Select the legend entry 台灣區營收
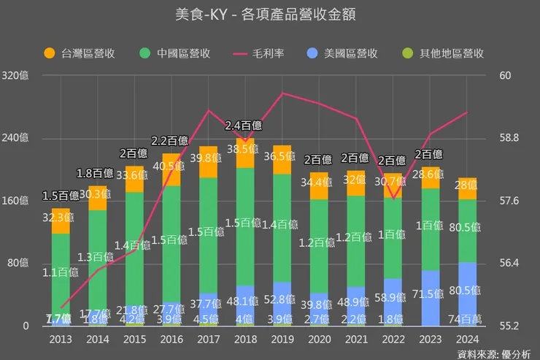(80, 53)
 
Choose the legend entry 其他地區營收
(444, 53)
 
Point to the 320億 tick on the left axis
(15, 76)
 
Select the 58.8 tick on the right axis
(509, 138)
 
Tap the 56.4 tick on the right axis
(509, 264)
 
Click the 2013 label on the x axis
(61, 339)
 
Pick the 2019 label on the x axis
(282, 339)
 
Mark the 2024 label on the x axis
(467, 339)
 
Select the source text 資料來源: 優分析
(495, 354)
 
